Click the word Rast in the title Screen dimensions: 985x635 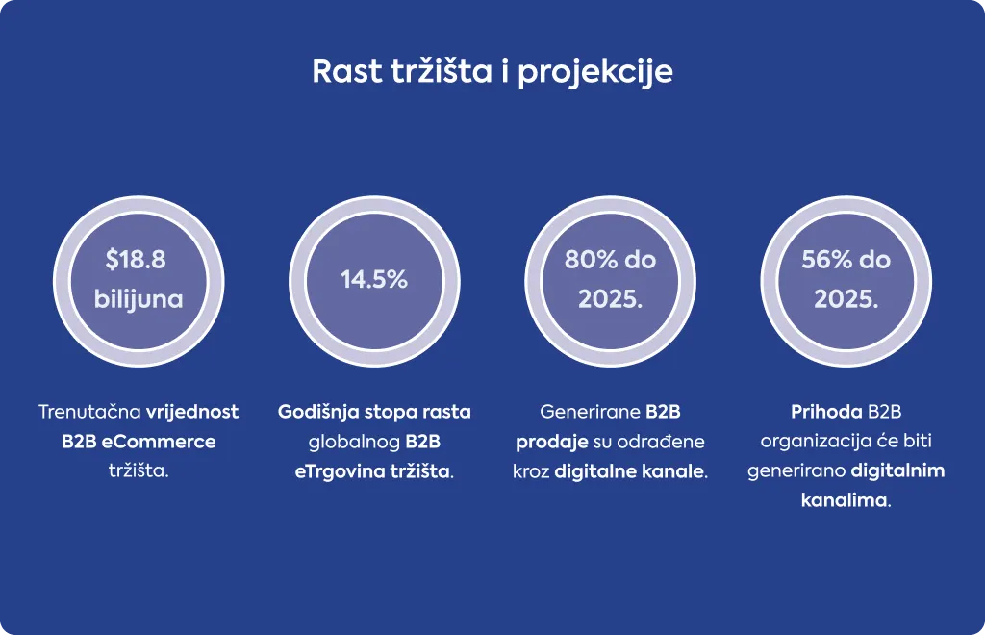[346, 70]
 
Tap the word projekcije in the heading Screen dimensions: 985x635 [595, 73]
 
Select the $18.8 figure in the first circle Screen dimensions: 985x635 [136, 260]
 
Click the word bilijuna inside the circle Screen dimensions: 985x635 [139, 299]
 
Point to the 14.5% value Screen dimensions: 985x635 [374, 280]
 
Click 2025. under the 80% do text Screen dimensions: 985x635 [611, 299]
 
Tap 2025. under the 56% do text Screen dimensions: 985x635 [846, 299]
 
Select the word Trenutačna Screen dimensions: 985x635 [89, 412]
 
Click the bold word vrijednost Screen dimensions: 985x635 [192, 412]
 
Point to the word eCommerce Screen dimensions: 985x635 [159, 441]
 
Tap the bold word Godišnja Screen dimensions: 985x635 [318, 412]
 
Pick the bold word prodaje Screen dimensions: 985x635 [551, 443]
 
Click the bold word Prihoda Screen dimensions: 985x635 [826, 412]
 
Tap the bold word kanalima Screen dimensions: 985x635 [844, 500]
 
